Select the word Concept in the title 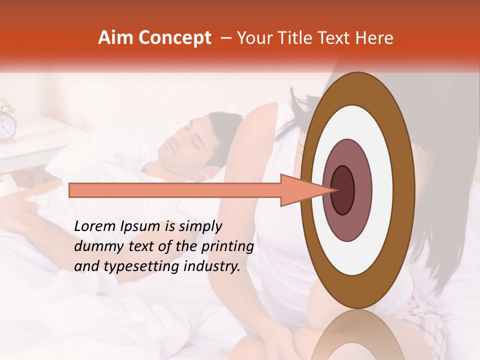(174, 38)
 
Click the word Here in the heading (375, 37)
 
